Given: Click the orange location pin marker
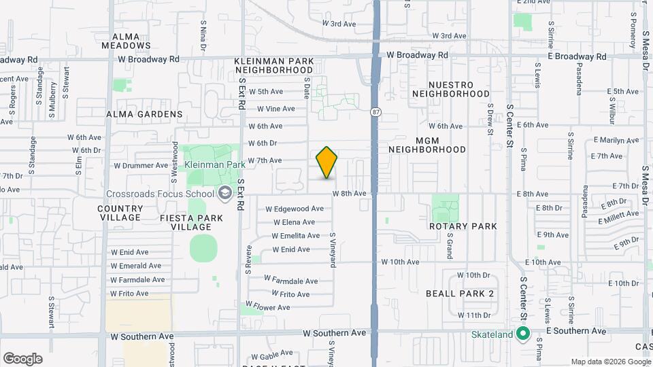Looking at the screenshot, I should [x=326, y=162].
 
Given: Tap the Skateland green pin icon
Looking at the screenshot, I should [x=522, y=334].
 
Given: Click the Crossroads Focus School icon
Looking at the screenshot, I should [x=223, y=194].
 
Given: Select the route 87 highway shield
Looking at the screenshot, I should [x=375, y=111].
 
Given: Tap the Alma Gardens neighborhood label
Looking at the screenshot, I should [x=144, y=114].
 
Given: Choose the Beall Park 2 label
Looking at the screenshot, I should [x=459, y=293].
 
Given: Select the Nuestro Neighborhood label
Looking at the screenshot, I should [x=451, y=88].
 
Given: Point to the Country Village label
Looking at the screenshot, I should [x=120, y=213].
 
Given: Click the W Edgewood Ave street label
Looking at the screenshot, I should [x=295, y=209].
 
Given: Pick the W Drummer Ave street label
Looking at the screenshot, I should [x=140, y=165].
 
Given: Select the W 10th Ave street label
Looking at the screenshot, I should [x=399, y=262].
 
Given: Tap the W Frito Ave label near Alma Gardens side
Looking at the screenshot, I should [x=129, y=294].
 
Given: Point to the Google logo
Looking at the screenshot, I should [x=22, y=359].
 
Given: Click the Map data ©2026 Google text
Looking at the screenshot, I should [x=609, y=362].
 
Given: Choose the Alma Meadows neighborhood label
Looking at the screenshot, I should [x=126, y=41].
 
